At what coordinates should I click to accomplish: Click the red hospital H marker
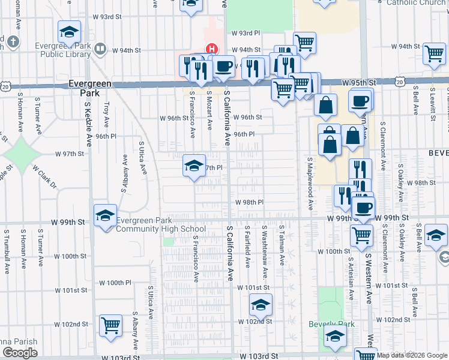click(x=211, y=49)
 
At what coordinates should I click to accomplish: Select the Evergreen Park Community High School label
click(x=160, y=224)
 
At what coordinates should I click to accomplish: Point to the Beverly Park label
click(x=331, y=324)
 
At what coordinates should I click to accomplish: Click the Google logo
click(x=19, y=353)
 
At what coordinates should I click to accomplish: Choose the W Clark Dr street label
click(x=44, y=175)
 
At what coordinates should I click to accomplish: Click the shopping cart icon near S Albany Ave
click(x=110, y=326)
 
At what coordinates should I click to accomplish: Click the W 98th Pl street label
click(x=249, y=202)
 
